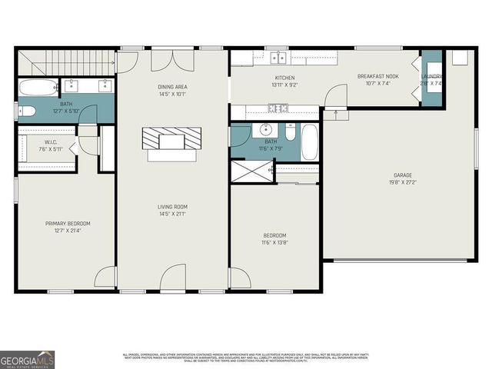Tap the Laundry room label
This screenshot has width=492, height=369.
431,76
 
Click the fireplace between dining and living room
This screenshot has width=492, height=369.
171,141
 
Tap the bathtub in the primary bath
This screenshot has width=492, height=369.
36,87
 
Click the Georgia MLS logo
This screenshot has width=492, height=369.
27,359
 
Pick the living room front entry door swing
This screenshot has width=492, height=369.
174,278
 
